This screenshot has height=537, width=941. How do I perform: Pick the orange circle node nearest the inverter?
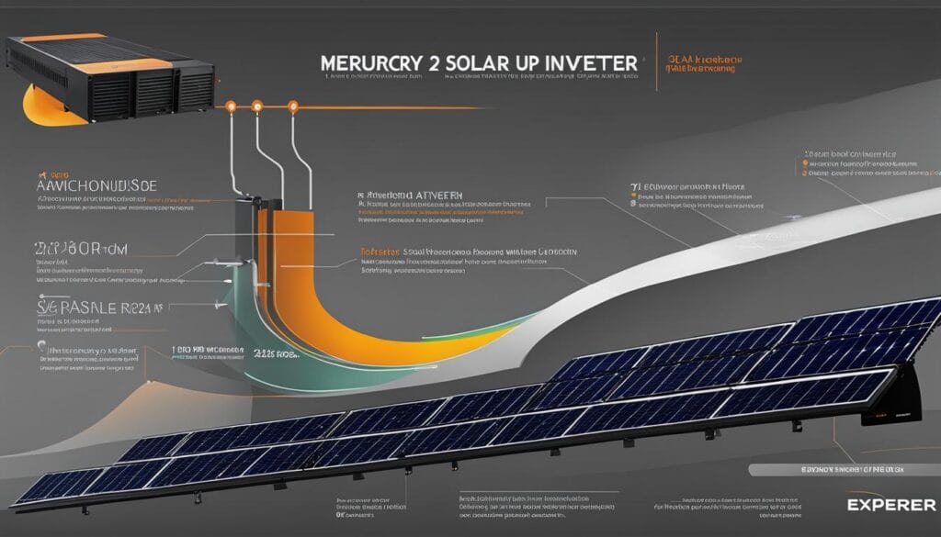[232, 106]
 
